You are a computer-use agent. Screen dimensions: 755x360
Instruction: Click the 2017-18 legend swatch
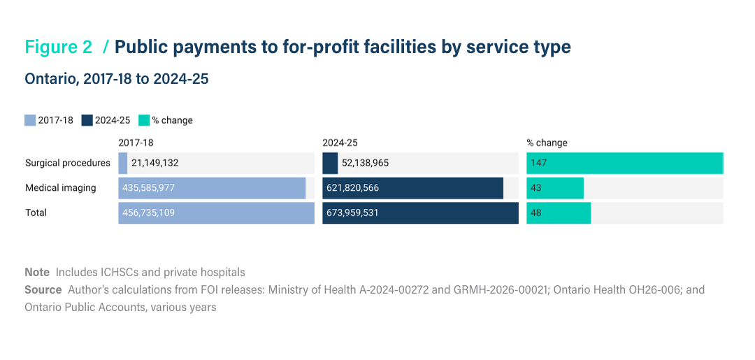pos(30,120)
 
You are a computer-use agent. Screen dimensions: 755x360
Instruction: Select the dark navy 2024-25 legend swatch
pos(87,120)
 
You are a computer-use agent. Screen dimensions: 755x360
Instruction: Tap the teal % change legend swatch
pos(143,120)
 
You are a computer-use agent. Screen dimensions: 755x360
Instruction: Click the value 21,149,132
pos(154,163)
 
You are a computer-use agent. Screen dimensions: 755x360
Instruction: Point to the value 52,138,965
pos(365,163)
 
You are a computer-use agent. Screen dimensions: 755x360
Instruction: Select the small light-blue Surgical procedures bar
pos(123,163)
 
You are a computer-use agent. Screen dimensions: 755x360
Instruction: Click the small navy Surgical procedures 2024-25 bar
pos(330,163)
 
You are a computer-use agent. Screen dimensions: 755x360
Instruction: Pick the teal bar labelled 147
pos(624,163)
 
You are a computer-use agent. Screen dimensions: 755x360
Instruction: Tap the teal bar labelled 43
pos(555,188)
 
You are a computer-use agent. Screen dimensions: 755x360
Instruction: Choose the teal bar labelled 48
pos(559,213)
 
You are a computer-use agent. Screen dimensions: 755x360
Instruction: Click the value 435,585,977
pos(148,188)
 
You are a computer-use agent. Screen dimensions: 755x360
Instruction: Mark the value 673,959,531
pos(352,213)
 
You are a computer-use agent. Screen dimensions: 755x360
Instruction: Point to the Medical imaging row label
pos(61,188)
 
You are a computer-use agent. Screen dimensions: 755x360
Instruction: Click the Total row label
pos(36,213)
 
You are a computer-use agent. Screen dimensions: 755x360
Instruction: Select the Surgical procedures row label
pos(68,163)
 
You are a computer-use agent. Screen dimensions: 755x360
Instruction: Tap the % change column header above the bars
pos(547,143)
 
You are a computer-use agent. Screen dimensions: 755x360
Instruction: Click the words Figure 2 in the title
pos(58,47)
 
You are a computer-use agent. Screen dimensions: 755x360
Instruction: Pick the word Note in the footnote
pos(37,273)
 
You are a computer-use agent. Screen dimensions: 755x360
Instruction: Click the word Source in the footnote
pos(43,289)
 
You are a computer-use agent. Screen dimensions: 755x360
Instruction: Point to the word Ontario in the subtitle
pos(52,79)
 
